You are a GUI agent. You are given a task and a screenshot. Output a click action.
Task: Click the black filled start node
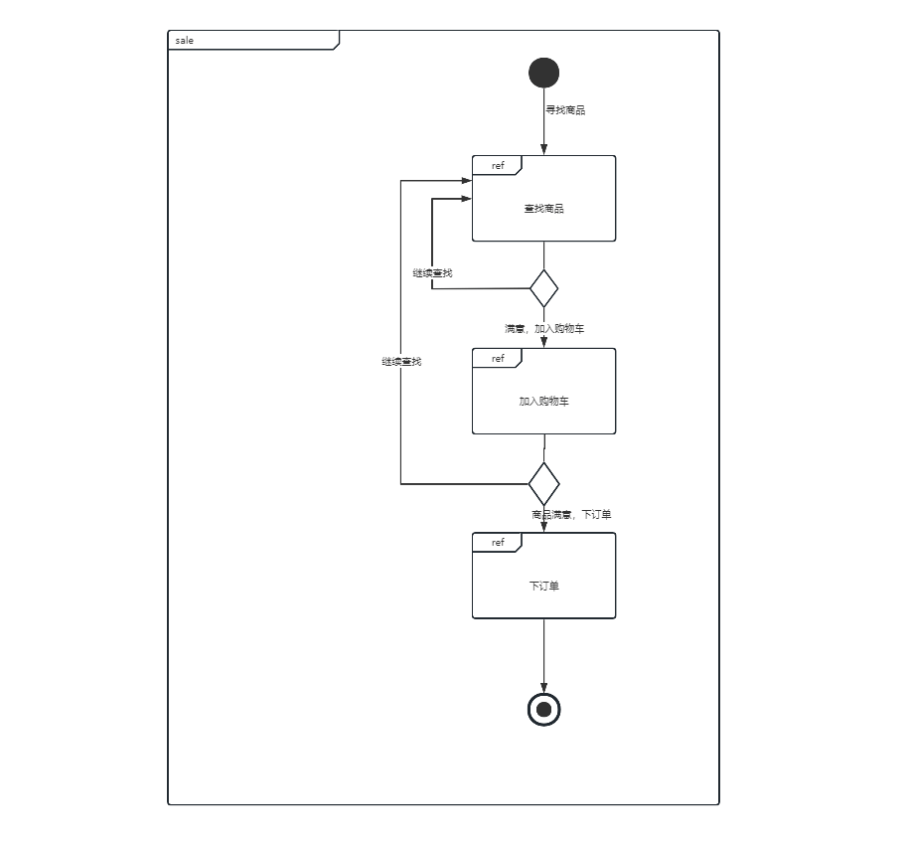point(544,73)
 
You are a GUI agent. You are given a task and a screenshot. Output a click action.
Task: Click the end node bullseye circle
point(543,709)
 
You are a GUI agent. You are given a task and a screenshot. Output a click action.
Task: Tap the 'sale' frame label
point(185,41)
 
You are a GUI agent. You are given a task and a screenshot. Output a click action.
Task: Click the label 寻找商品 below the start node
point(565,110)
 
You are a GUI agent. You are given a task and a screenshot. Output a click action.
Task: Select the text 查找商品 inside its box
point(543,209)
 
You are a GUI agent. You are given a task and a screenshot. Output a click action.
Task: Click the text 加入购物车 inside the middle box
point(543,402)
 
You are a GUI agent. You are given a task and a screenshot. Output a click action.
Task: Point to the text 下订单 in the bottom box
point(543,586)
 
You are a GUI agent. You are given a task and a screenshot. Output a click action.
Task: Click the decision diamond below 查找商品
point(543,288)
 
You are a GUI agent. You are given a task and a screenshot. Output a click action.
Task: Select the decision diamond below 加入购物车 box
point(543,484)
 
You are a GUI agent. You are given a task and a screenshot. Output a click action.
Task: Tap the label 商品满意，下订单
point(571,514)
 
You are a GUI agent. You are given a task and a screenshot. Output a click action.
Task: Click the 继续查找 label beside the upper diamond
point(432,272)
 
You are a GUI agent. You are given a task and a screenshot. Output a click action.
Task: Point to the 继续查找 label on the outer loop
point(401,362)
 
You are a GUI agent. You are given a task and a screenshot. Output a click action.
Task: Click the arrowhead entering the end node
point(543,687)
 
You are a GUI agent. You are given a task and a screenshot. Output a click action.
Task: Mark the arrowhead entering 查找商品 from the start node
point(543,149)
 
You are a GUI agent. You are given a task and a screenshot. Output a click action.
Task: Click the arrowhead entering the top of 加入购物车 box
point(543,341)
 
